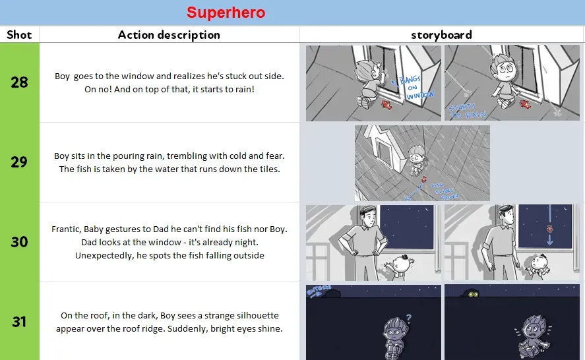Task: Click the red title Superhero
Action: tap(226, 13)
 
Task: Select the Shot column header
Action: tap(19, 35)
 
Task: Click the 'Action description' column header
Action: tap(169, 35)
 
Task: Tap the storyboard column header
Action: tap(441, 35)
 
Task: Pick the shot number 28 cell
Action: tap(19, 82)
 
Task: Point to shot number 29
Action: tap(19, 162)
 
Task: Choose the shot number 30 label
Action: tap(19, 242)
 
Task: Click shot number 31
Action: tap(19, 321)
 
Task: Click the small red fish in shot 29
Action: tap(424, 179)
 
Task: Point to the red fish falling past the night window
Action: tap(547, 229)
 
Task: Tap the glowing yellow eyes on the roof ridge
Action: tap(473, 295)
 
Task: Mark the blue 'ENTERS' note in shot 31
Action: tap(317, 290)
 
